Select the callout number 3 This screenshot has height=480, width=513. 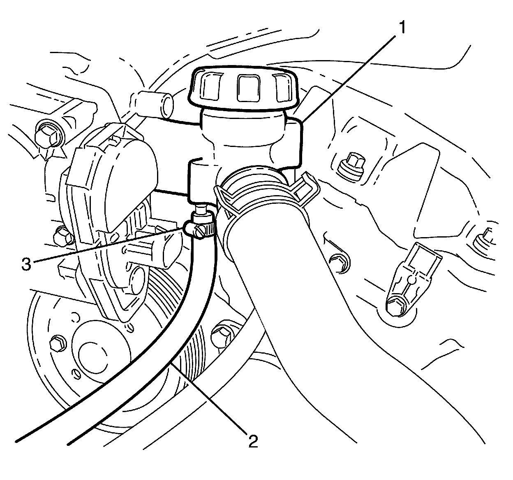click(x=26, y=264)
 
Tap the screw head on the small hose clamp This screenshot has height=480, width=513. click(x=200, y=233)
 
